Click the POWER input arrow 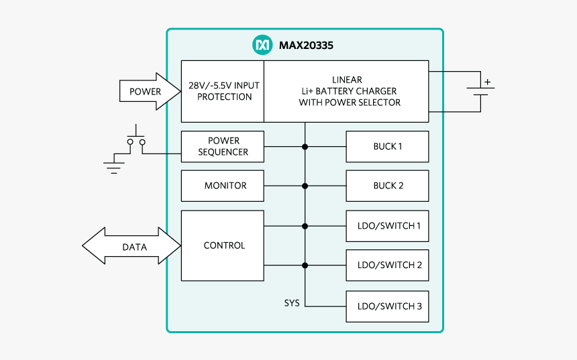[x=144, y=92]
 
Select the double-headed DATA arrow [x=133, y=247]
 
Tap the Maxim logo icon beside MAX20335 [x=261, y=45]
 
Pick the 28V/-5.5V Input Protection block [x=223, y=91]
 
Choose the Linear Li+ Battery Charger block [x=346, y=91]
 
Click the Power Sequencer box [x=223, y=147]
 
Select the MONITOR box [x=223, y=186]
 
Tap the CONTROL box [x=223, y=245]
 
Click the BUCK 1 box [x=387, y=147]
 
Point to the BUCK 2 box [x=387, y=186]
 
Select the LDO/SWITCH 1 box [x=387, y=226]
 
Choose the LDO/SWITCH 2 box [x=387, y=265]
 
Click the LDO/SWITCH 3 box [x=387, y=306]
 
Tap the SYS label [x=292, y=303]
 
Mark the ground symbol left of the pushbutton [x=114, y=166]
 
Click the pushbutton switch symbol [x=136, y=139]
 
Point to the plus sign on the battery [x=488, y=82]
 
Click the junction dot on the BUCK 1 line [x=305, y=147]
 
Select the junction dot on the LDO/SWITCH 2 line [x=305, y=265]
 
